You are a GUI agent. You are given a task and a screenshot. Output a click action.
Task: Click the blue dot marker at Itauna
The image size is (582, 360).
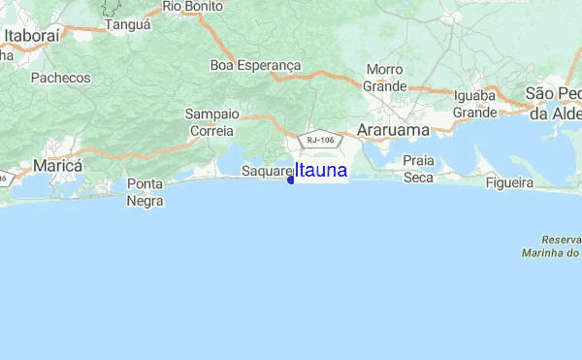click(x=291, y=179)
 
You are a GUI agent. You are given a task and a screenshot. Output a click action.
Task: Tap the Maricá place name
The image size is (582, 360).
click(x=57, y=166)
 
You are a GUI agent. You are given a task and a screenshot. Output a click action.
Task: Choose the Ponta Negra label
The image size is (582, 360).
click(x=145, y=192)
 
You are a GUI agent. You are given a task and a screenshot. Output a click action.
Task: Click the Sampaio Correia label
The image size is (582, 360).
click(x=211, y=121)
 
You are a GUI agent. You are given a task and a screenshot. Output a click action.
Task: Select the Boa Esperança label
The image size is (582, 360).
click(x=255, y=66)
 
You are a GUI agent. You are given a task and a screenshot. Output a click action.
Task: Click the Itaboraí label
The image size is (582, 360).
click(x=32, y=36)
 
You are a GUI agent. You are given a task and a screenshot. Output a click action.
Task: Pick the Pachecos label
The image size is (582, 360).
click(x=60, y=77)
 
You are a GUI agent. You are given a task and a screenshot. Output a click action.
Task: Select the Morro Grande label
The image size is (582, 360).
click(x=385, y=78)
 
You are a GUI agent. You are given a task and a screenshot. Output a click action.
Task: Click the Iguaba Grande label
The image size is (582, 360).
click(x=474, y=104)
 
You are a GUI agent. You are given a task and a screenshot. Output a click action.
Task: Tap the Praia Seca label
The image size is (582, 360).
click(x=418, y=168)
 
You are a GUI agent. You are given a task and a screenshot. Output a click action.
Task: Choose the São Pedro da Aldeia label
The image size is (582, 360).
click(x=555, y=103)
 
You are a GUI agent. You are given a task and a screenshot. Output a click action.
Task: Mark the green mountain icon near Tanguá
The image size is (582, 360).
click(x=109, y=7)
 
